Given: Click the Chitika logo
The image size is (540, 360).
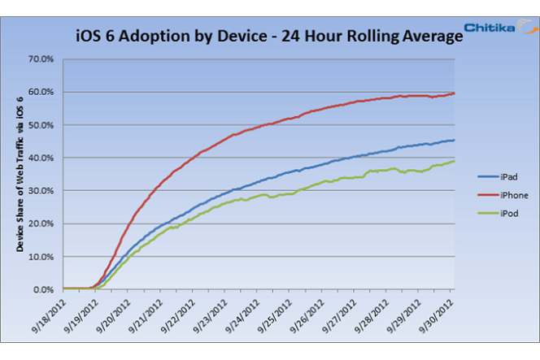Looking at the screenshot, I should (x=500, y=26).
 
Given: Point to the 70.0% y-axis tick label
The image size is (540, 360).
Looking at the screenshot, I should (x=41, y=59).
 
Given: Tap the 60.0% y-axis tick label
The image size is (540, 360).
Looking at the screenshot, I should (x=41, y=92).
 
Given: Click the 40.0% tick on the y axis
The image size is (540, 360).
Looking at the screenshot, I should (x=41, y=158).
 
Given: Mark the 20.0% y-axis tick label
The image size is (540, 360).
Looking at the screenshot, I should (x=41, y=223).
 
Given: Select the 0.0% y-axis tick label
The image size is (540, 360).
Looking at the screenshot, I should (x=44, y=289).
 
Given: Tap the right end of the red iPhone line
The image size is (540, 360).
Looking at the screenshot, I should (x=454, y=93).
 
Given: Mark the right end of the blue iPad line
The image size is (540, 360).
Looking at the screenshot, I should (x=454, y=140).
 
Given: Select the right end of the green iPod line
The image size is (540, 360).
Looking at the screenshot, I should (x=454, y=161).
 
